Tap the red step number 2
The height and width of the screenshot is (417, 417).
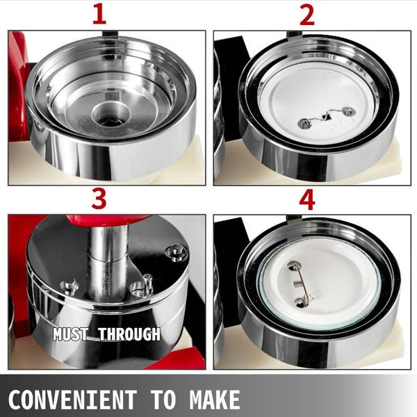coord(307,16)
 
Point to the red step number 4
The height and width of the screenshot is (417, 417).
coord(307,201)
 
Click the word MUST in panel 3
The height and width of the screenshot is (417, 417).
coord(70,334)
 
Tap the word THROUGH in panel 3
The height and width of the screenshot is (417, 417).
coord(129,334)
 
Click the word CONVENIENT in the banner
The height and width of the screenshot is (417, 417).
coord(72,399)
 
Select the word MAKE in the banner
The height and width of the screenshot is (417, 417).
coord(214,399)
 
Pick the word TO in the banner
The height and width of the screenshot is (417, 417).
coord(163,399)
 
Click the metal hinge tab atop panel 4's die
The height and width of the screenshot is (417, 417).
coord(295,219)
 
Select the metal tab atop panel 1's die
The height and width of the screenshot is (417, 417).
coord(111,34)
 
